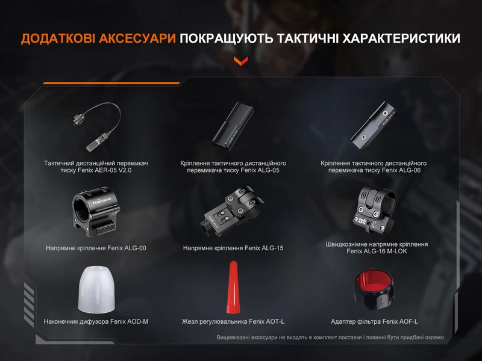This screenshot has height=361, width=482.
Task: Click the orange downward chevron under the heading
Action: coord(240,61)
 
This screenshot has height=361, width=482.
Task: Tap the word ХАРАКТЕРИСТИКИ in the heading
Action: coord(401,39)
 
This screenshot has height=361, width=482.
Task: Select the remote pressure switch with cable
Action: coord(96,126)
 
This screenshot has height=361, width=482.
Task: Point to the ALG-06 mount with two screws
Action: coord(374,125)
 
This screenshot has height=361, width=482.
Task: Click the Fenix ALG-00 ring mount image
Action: coord(96,212)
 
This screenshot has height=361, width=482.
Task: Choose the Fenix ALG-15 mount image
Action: coord(233,211)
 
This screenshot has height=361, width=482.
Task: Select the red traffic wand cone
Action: coord(233,288)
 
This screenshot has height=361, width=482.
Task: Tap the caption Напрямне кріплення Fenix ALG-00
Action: coord(96,248)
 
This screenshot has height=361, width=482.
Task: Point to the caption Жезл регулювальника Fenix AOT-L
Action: coord(233,322)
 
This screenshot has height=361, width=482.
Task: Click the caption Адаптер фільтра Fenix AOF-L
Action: coord(374,322)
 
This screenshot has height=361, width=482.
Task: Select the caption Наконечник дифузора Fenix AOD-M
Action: coord(96,322)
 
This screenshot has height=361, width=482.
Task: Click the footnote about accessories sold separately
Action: coord(331,338)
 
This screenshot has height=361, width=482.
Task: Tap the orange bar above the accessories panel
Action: coord(111,83)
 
